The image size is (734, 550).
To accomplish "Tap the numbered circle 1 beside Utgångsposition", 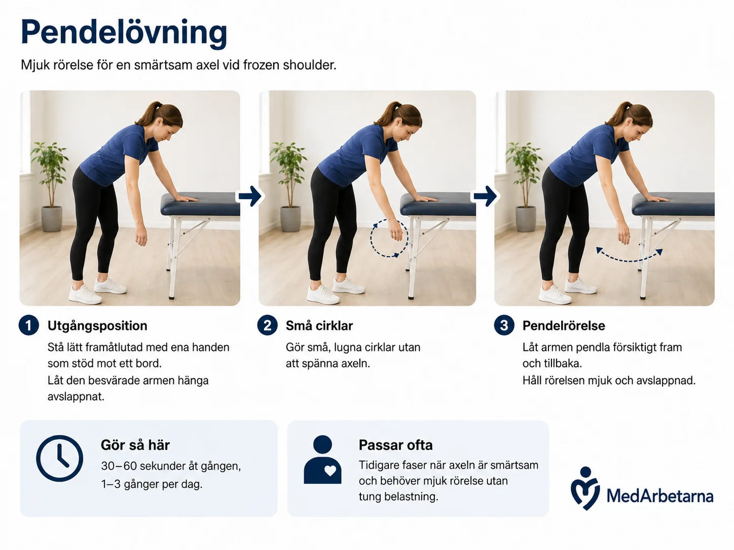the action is [x=29, y=325].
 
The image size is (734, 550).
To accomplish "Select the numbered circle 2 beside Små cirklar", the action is [x=267, y=325].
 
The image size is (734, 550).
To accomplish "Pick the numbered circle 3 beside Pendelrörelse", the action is [x=504, y=325].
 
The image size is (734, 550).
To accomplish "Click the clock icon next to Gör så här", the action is [x=59, y=458].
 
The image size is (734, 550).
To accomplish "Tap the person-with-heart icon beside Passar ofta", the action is [x=323, y=459].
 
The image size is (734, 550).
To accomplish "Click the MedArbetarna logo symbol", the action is [x=585, y=488].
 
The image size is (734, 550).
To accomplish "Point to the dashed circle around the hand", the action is [x=371, y=238].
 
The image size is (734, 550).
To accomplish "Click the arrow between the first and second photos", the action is [x=250, y=197].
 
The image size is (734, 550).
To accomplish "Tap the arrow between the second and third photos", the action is [x=486, y=197].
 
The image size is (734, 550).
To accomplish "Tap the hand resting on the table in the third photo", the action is [x=656, y=199].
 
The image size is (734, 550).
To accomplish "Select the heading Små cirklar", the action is [x=319, y=326].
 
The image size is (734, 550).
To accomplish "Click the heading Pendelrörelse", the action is [x=564, y=326].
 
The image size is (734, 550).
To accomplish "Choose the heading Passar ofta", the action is [x=395, y=445].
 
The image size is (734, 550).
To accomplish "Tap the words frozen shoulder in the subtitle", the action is [x=289, y=65].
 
